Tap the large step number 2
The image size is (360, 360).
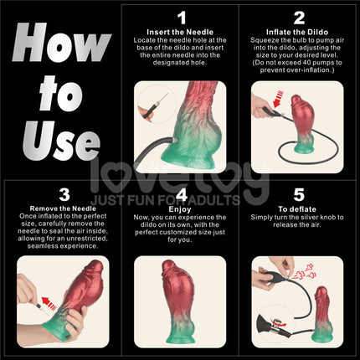pyautogui.click(x=298, y=17)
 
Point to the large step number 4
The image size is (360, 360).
pyautogui.click(x=180, y=194)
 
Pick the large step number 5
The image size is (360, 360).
pyautogui.click(x=298, y=194)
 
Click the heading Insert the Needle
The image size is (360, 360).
pyautogui.click(x=180, y=31)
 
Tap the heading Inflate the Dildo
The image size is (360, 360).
pyautogui.click(x=298, y=31)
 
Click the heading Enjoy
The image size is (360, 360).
pyautogui.click(x=180, y=208)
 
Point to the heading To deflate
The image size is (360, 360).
pyautogui.click(x=298, y=208)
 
